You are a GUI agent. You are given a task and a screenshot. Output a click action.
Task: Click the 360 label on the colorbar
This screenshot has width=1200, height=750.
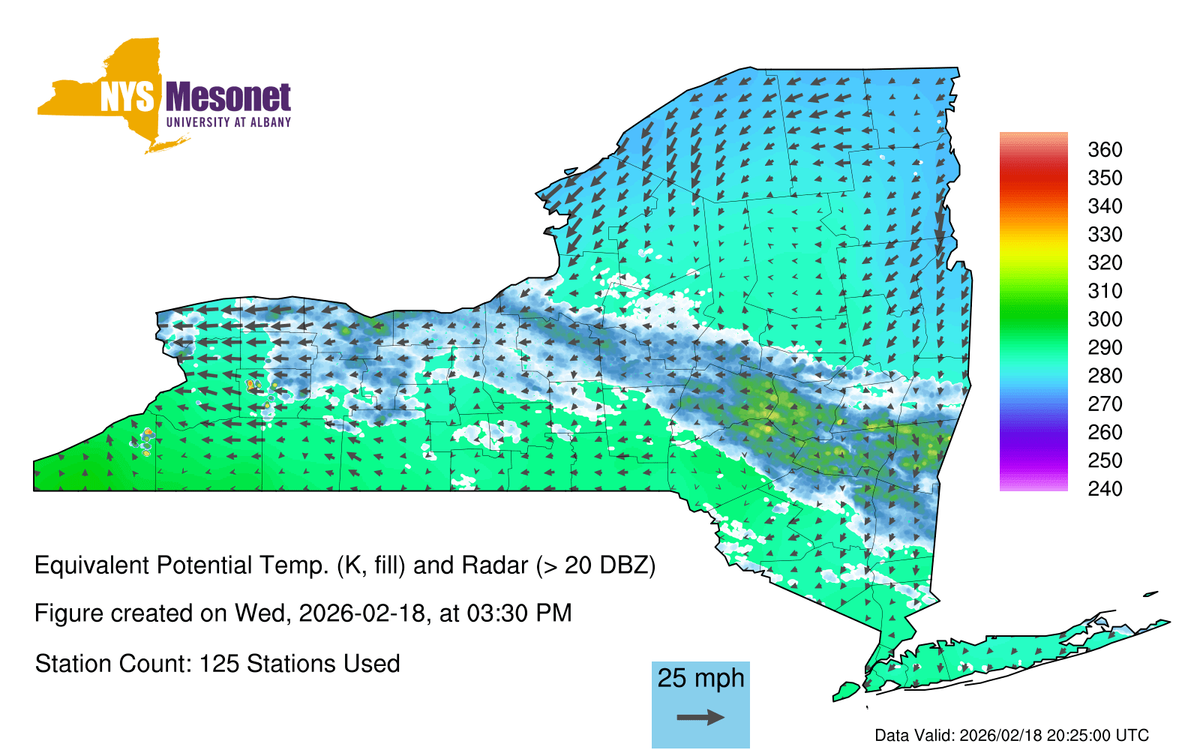point(1105,149)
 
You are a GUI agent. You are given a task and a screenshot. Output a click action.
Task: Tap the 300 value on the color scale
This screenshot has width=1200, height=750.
point(1105,319)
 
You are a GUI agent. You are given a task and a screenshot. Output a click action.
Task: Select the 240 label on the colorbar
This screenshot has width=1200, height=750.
point(1105,488)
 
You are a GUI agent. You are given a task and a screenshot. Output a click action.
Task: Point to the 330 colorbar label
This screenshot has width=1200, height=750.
point(1105,234)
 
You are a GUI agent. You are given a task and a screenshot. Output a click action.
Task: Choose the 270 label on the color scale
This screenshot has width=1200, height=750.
point(1105,404)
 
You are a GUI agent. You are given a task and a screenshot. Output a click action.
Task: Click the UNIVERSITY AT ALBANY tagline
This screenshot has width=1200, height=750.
point(228,122)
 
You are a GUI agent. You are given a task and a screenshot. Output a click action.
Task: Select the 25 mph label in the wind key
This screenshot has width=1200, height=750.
point(700,678)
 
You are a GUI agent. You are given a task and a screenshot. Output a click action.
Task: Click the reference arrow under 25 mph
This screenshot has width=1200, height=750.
point(700,717)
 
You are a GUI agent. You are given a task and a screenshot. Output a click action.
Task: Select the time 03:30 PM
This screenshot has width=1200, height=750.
point(519,613)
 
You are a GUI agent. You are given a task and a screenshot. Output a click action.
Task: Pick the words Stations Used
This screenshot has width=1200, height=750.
point(323,664)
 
